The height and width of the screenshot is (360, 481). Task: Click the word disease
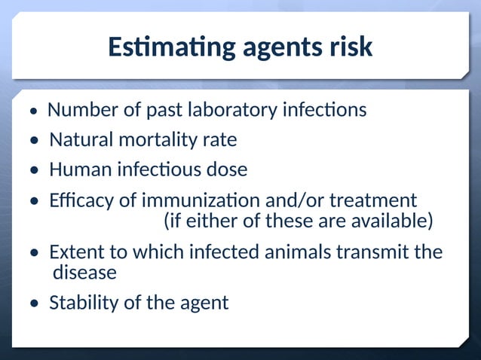point(84,272)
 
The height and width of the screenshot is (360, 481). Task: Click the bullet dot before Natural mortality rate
point(35,142)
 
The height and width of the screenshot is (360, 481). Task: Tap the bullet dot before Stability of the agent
point(35,304)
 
